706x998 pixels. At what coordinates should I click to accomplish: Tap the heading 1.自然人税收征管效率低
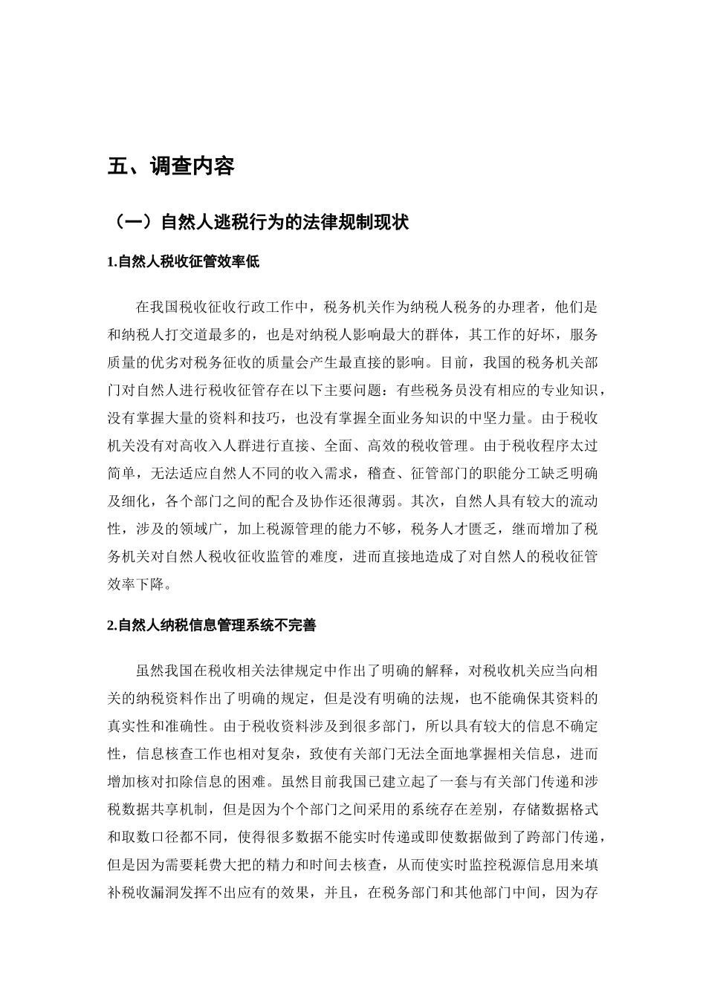click(x=183, y=261)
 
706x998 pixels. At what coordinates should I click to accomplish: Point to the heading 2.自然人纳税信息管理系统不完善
click(x=212, y=625)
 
